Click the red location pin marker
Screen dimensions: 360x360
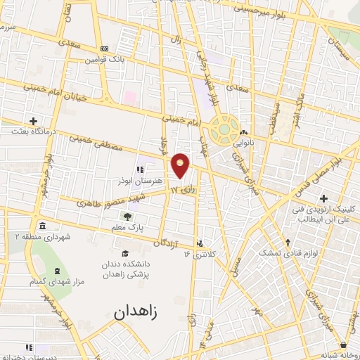point(181,165)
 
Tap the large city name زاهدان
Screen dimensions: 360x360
point(137,309)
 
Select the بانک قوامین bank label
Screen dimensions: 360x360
point(105,60)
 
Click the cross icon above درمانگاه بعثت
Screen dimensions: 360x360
point(33,121)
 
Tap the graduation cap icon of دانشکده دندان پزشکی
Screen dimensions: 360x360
point(125,254)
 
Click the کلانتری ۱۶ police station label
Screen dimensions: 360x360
point(199,252)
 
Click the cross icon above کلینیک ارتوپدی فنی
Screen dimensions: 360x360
point(323,199)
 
